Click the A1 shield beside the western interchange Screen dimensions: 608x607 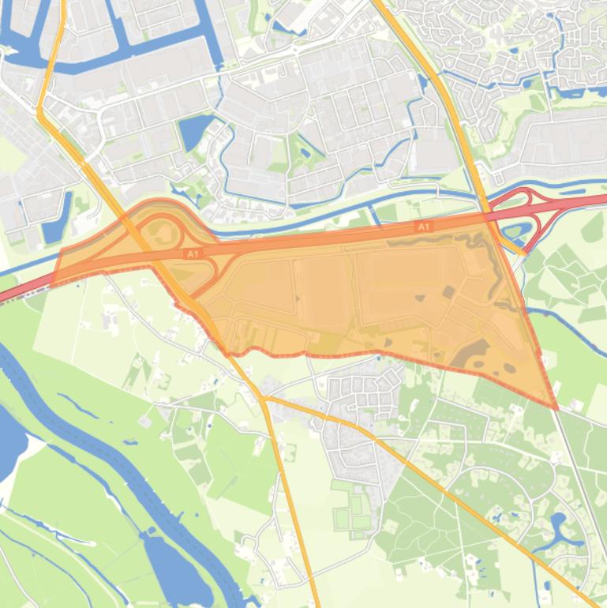[192, 254]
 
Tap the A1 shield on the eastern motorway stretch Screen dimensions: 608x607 [424, 227]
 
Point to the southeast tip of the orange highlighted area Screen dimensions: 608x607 [556, 408]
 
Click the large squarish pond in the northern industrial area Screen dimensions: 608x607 [194, 131]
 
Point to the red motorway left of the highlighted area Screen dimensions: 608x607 [24, 287]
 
